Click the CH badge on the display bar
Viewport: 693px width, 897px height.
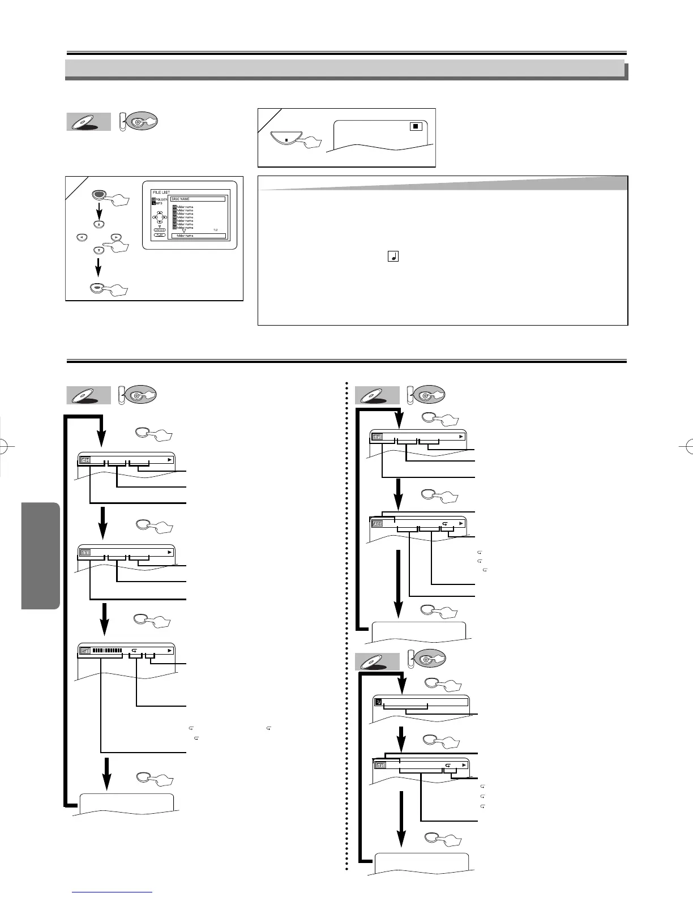85,460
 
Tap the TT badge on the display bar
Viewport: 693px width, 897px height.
85,552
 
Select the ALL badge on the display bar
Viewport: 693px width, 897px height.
377,524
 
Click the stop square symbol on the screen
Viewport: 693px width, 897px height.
416,126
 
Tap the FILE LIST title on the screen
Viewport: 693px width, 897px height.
161,193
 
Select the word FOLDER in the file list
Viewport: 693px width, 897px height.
161,200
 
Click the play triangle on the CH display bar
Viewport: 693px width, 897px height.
169,460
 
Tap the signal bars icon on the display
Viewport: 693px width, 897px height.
85,651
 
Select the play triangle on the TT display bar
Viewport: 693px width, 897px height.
169,552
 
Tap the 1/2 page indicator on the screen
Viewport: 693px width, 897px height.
215,229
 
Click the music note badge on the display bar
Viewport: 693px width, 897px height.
378,702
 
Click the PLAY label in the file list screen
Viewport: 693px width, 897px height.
160,234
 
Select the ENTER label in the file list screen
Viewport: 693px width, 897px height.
160,229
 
